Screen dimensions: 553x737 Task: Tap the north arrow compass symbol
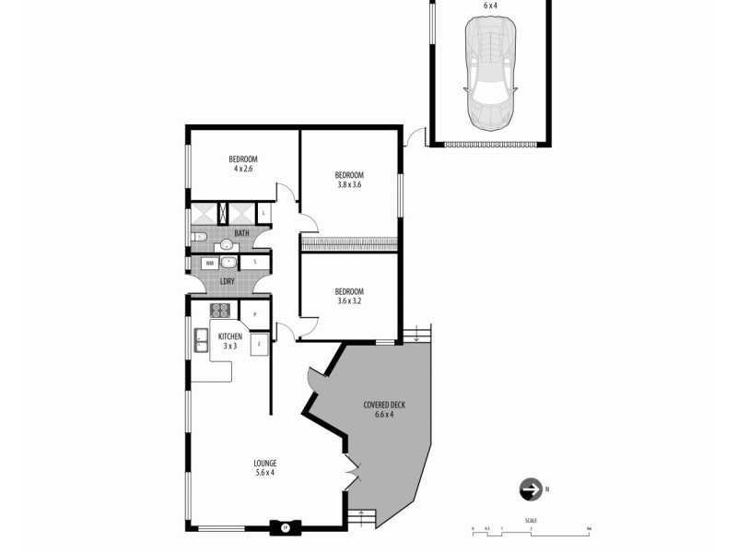(x=531, y=488)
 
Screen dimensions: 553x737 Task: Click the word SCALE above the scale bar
(x=531, y=522)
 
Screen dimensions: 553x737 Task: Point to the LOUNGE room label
(x=265, y=463)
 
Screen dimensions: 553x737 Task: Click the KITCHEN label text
(x=230, y=336)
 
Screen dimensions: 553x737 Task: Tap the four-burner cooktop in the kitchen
(x=221, y=311)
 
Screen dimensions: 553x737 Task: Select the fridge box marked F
(x=260, y=346)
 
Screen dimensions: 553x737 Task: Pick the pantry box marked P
(x=254, y=315)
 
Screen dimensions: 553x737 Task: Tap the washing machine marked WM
(x=210, y=263)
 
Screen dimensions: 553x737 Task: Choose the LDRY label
(x=227, y=281)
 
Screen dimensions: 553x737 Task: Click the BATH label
(x=241, y=233)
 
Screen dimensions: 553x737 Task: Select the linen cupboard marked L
(x=264, y=213)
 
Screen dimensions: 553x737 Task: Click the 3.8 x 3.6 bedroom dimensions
(x=349, y=184)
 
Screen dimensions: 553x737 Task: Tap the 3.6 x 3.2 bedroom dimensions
(x=349, y=300)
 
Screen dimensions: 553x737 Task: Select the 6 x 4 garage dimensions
(x=490, y=6)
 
